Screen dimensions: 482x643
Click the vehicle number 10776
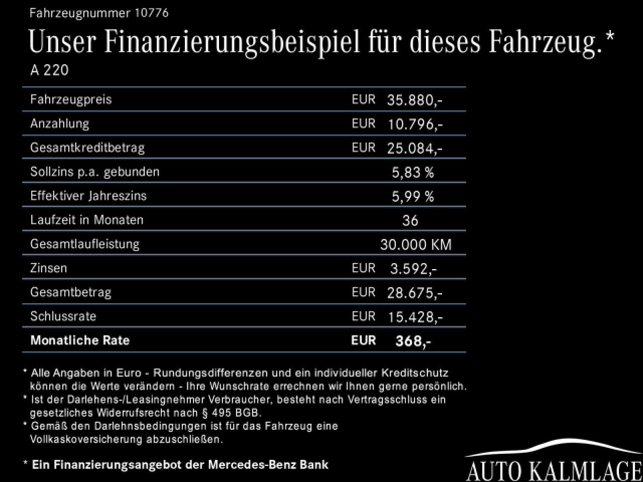pos(151,13)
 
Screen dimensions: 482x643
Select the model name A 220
pos(49,70)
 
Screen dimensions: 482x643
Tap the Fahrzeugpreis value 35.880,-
pos(414,100)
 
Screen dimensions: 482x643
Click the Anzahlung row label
pos(60,124)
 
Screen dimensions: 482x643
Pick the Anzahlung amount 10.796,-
pos(414,124)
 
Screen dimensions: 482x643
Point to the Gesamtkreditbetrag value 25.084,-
pos(414,148)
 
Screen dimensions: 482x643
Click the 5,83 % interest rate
pos(412,172)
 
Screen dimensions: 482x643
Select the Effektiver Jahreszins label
pos(88,196)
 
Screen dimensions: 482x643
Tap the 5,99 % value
pos(412,196)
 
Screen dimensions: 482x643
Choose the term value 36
pos(410,220)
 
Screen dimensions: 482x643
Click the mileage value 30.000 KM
pos(416,245)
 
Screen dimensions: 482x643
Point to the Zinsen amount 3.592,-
pos(413,269)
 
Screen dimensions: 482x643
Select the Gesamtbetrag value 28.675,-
pos(414,293)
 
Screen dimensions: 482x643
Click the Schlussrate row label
pos(63,316)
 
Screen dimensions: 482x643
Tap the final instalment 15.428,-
pos(414,317)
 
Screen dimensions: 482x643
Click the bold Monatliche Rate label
pos(80,340)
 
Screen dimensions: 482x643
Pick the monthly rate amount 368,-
pos(413,341)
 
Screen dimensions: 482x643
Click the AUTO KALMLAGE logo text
pos(555,471)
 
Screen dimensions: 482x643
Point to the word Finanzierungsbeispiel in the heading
pos(232,42)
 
